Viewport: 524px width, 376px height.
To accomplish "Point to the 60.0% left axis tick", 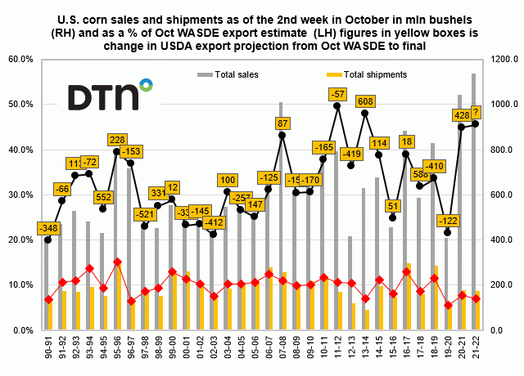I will point(19,60).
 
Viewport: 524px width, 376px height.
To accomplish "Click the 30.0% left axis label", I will point(19,195).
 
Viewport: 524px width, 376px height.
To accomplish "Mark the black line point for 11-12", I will point(337,105).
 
